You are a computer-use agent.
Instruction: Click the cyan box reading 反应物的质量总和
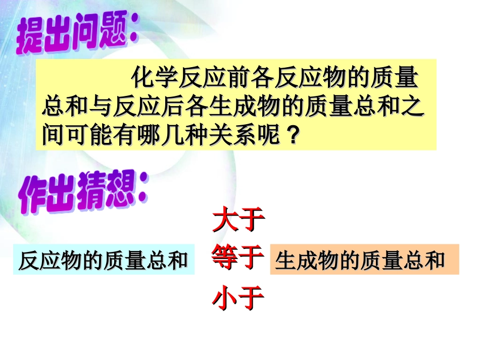click(103, 261)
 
